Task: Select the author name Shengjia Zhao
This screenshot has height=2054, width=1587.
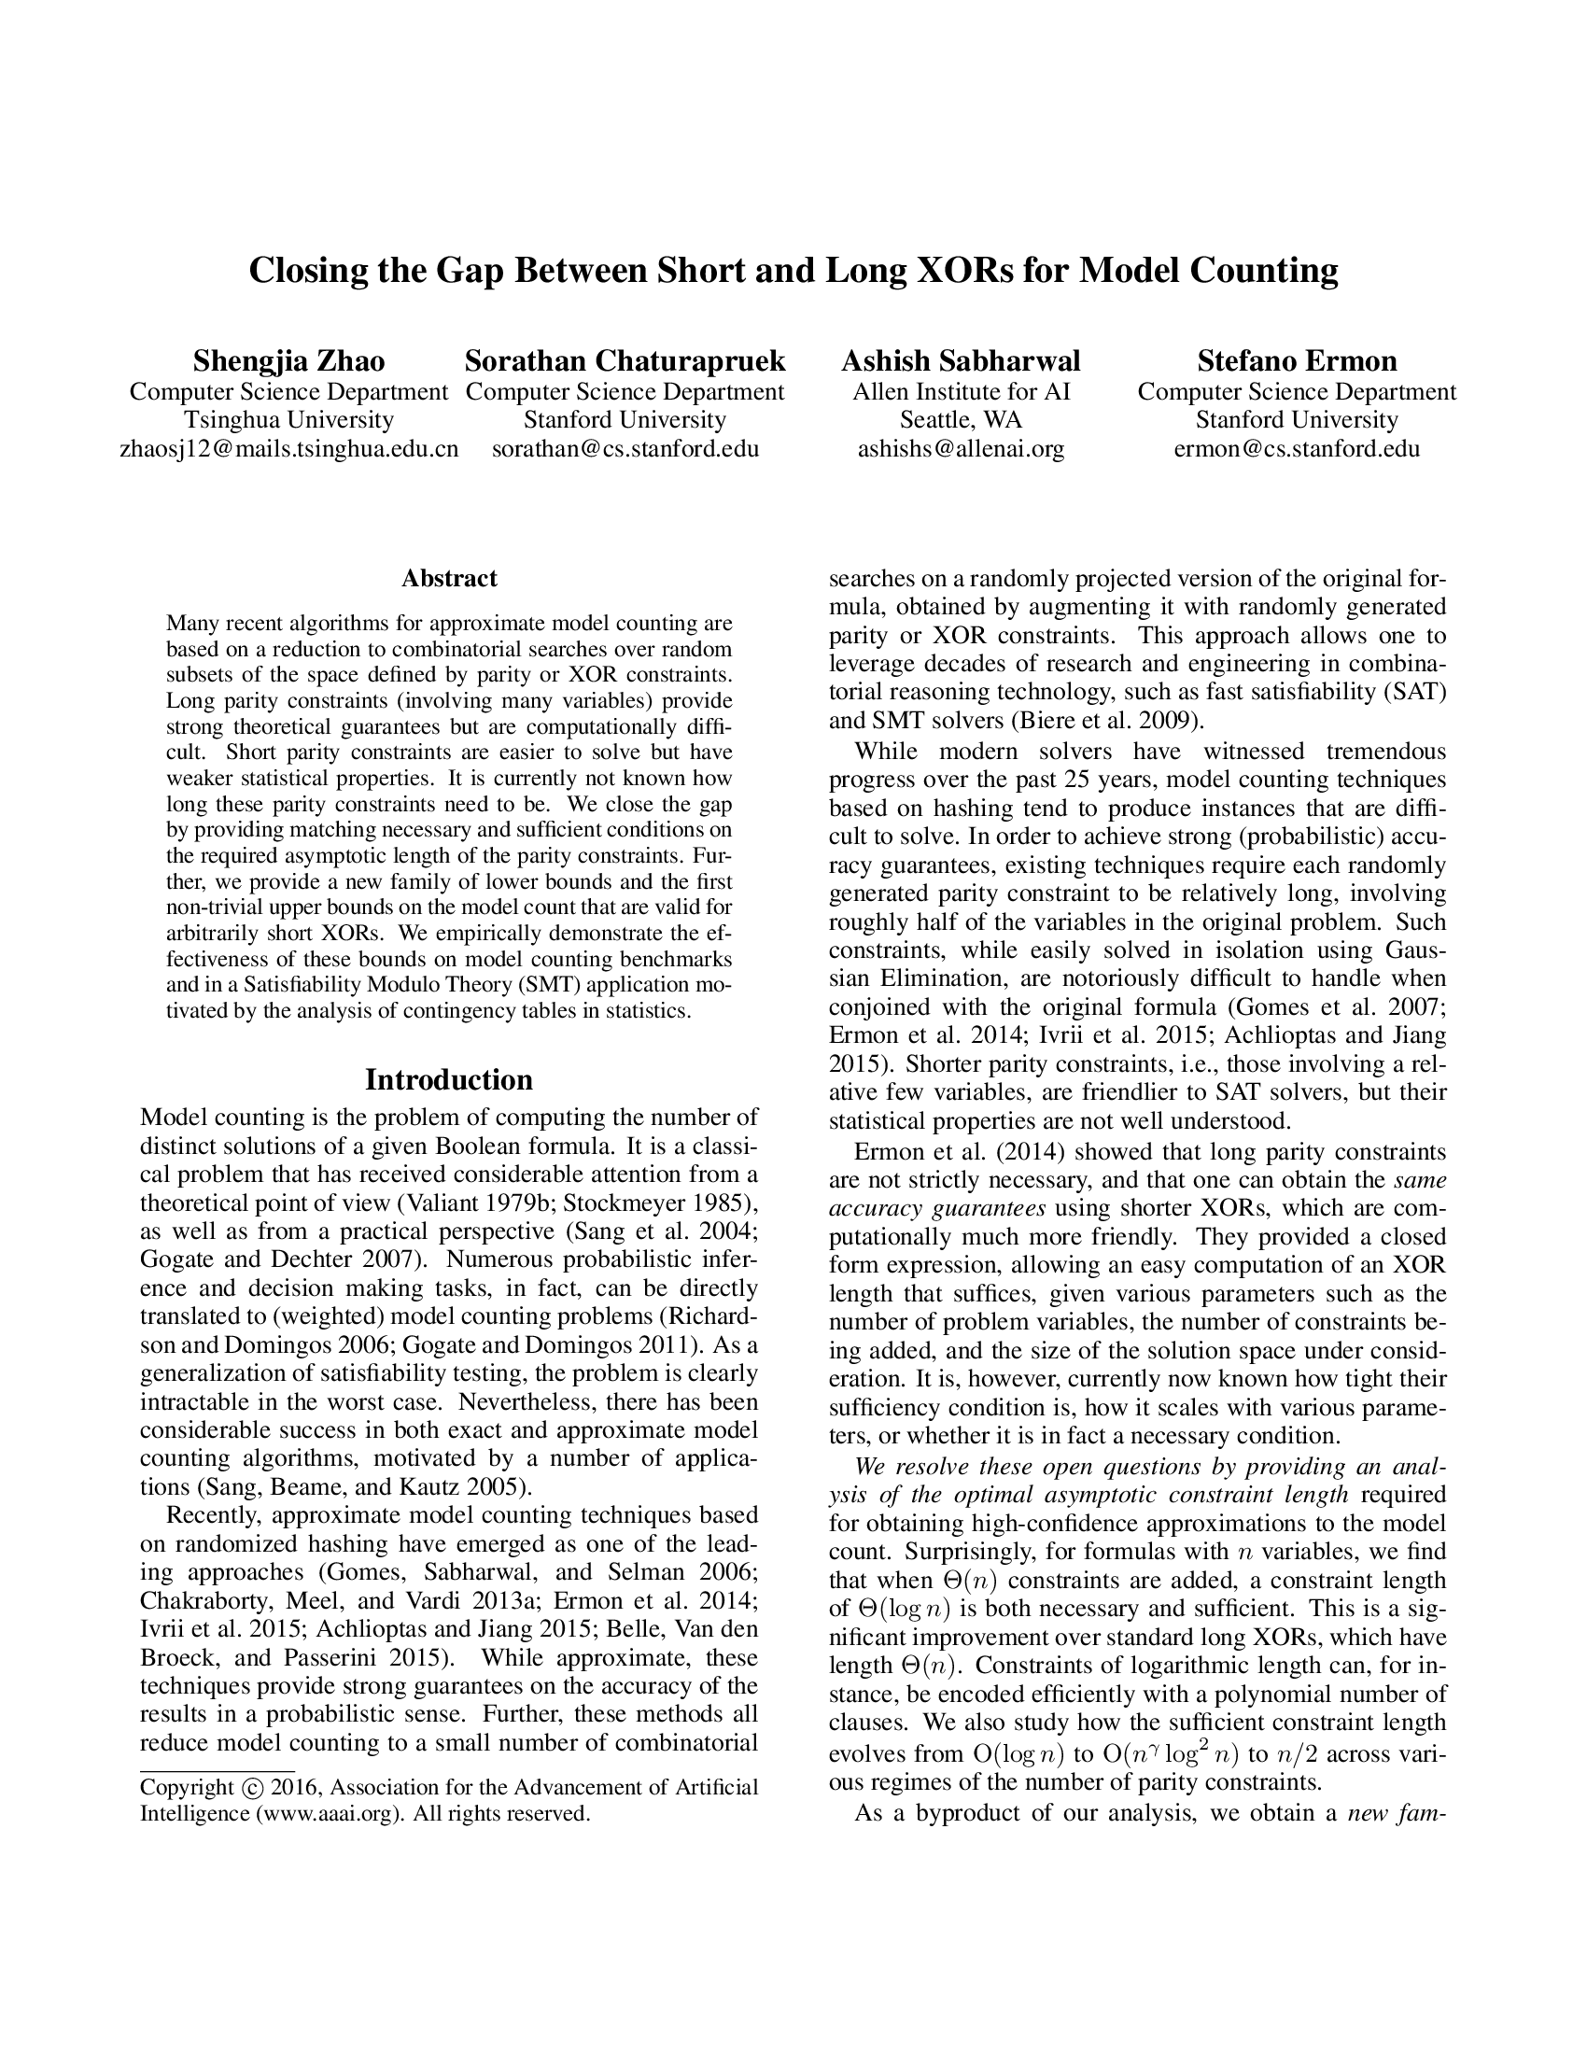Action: point(288,361)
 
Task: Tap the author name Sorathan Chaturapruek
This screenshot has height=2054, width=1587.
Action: point(625,361)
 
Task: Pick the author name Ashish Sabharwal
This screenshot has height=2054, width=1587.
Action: point(961,361)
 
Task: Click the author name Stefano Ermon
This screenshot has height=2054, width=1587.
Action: point(1297,361)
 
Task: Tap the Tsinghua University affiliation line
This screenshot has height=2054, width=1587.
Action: point(288,419)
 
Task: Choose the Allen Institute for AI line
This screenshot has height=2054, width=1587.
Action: point(961,391)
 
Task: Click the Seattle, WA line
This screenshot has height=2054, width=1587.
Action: point(961,419)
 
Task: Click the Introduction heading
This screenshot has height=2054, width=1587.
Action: point(448,1078)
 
